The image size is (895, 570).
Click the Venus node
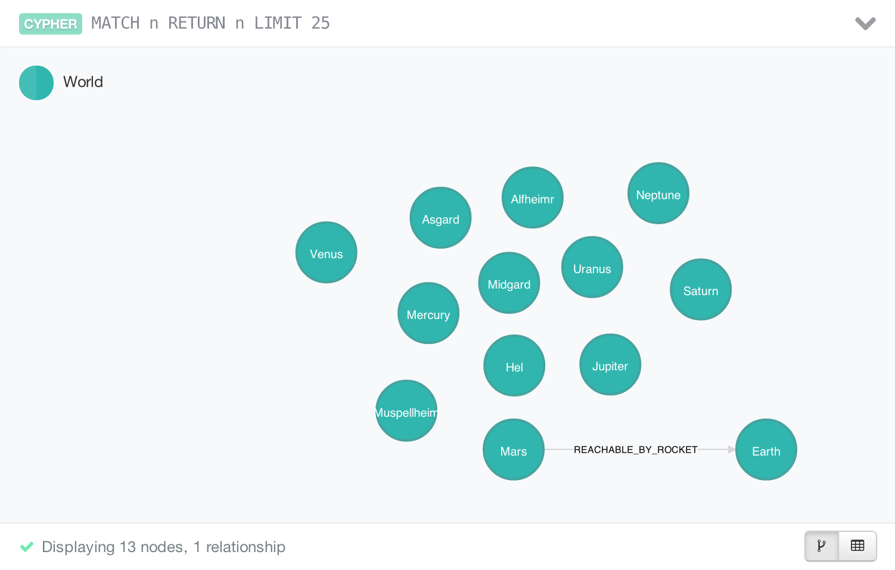[326, 252]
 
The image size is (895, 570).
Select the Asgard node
[440, 218]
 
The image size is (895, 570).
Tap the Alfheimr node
[533, 197]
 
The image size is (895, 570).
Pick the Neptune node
[658, 193]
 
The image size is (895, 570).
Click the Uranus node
[592, 267]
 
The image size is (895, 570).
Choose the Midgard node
[509, 283]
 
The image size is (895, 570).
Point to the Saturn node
[701, 289]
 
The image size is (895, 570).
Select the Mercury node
[428, 313]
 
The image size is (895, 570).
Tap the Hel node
[514, 365]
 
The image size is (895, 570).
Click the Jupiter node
[610, 364]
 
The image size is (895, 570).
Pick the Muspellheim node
[406, 411]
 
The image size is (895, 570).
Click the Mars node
[514, 450]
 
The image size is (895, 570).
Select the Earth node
[766, 450]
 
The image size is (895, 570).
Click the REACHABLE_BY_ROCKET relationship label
[635, 450]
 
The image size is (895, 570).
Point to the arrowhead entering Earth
[732, 450]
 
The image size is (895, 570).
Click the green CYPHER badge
[51, 24]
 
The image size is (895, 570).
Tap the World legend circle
[36, 83]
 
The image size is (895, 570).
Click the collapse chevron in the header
[865, 23]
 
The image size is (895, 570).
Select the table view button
[857, 546]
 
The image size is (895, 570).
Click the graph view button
[822, 546]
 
